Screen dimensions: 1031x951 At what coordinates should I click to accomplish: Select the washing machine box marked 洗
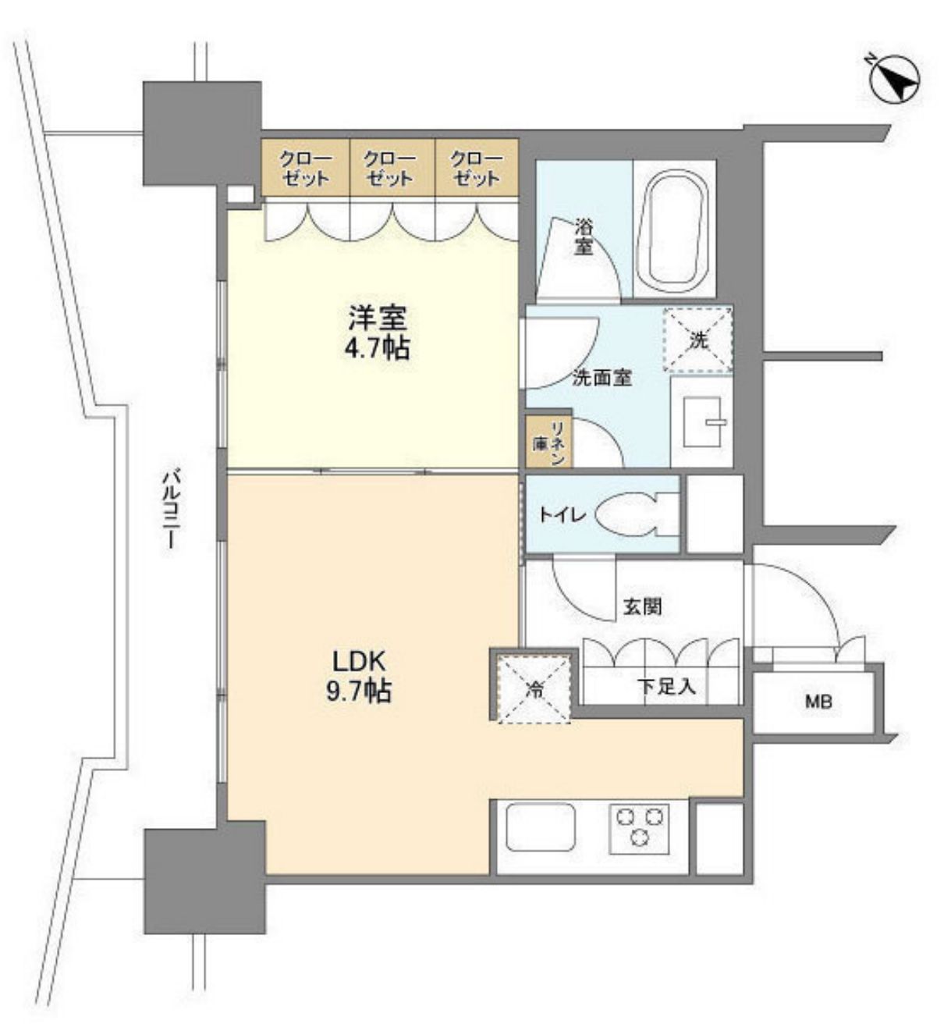pyautogui.click(x=697, y=340)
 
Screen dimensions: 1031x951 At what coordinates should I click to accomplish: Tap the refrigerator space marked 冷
pyautogui.click(x=534, y=689)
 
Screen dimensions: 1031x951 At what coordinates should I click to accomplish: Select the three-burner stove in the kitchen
pyautogui.click(x=639, y=827)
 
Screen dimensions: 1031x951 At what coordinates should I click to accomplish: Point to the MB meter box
pyautogui.click(x=818, y=702)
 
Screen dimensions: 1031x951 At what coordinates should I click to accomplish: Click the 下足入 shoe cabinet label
pyautogui.click(x=666, y=688)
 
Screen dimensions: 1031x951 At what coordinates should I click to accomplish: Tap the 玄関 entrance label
pyautogui.click(x=642, y=606)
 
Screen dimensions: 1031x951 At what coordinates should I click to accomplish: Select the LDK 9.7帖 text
pyautogui.click(x=359, y=676)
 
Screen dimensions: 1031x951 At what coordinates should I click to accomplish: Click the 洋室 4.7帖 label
pyautogui.click(x=378, y=332)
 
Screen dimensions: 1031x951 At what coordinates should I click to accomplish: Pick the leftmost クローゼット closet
pyautogui.click(x=305, y=168)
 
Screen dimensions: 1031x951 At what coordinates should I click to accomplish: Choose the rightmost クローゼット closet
pyautogui.click(x=476, y=168)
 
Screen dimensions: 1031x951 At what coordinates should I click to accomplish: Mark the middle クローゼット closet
pyautogui.click(x=390, y=168)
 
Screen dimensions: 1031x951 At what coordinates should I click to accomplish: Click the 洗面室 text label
pyautogui.click(x=601, y=378)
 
